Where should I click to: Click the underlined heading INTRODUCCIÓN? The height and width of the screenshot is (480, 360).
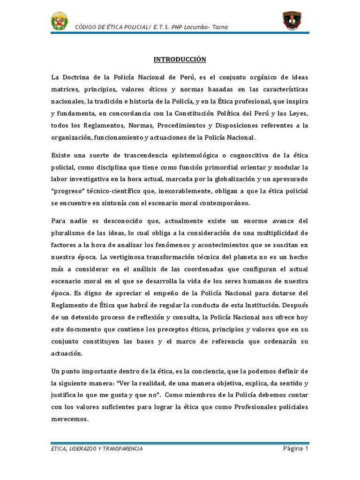pos(180,60)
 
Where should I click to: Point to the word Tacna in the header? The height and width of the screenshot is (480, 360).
pos(219,27)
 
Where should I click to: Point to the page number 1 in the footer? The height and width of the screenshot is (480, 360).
pos(307,449)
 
